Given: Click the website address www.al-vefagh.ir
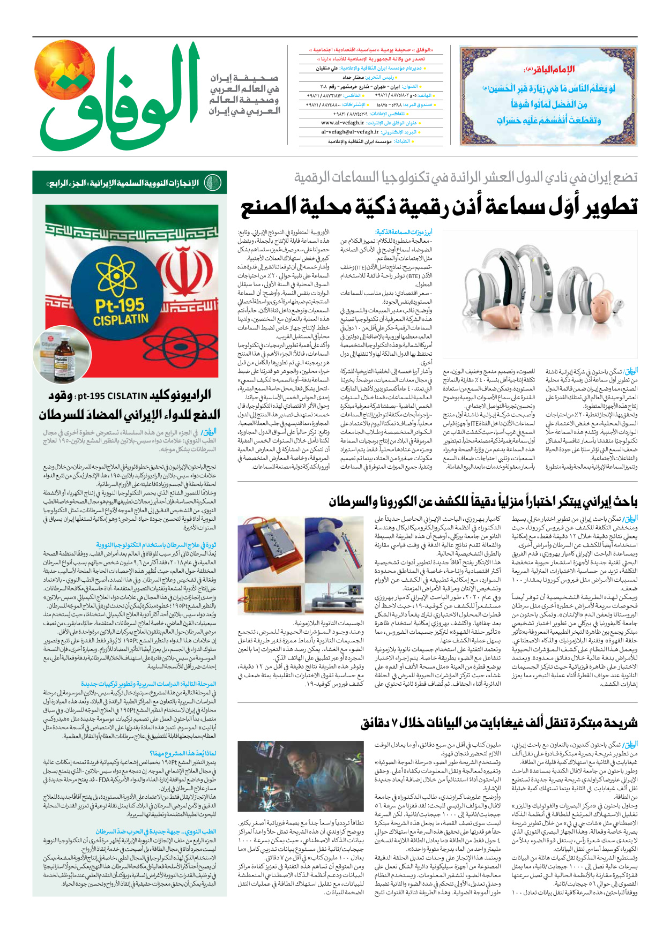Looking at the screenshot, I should pyautogui.click(x=343, y=123).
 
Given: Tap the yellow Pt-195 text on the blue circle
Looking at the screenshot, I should pyautogui.click(x=119, y=306).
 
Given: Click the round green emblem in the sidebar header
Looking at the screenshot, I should pyautogui.click(x=213, y=183).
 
